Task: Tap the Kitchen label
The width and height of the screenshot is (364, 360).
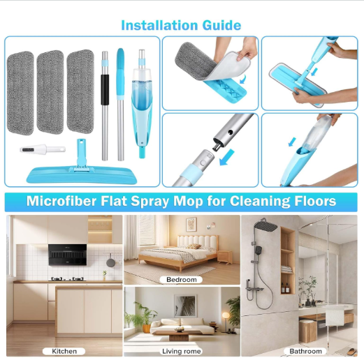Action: (64, 351)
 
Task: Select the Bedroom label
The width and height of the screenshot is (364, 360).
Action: (181, 279)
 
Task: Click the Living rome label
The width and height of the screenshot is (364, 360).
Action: (181, 351)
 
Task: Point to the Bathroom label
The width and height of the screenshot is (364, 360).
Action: (305, 351)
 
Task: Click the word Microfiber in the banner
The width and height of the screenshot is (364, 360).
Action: (61, 201)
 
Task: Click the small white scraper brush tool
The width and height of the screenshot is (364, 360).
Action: (43, 149)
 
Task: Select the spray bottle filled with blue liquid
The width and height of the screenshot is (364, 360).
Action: (142, 103)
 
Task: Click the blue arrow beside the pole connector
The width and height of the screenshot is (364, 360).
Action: (226, 158)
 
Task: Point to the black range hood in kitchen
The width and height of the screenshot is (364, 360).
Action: (68, 255)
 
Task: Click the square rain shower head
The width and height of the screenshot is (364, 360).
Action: (266, 226)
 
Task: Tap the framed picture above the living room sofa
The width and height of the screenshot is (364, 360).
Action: (185, 306)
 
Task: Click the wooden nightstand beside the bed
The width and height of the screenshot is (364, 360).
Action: (224, 257)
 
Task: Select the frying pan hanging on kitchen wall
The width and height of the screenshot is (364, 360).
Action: (110, 260)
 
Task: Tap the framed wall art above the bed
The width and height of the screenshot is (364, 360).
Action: (191, 224)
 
